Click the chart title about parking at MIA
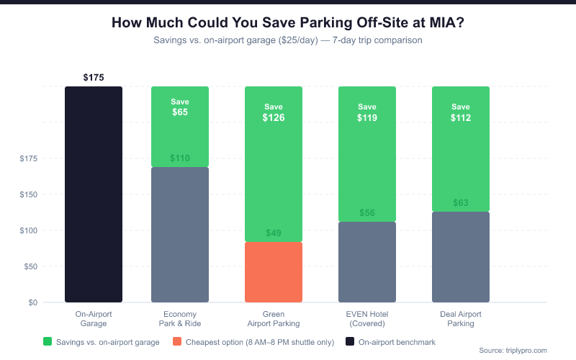[x=288, y=22]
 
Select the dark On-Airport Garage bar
[x=94, y=194]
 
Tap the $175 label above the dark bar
[x=94, y=77]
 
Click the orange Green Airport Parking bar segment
[x=274, y=272]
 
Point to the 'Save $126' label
[x=274, y=112]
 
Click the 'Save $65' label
[x=180, y=107]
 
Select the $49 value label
[x=274, y=233]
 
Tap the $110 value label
[x=180, y=158]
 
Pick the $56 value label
[x=367, y=213]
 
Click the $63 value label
[x=461, y=203]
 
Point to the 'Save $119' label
[x=367, y=112]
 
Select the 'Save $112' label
[x=461, y=112]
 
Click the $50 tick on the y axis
[x=29, y=266]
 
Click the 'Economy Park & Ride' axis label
[x=180, y=319]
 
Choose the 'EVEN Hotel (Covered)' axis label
[x=367, y=319]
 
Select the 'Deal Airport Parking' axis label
[x=461, y=319]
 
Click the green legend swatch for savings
[x=48, y=341]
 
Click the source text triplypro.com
[x=513, y=351]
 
